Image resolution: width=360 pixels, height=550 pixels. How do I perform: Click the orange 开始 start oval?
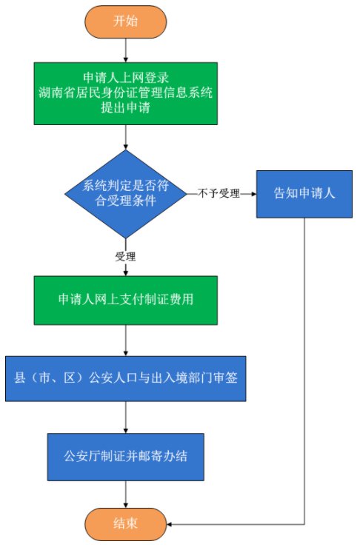coord(126,21)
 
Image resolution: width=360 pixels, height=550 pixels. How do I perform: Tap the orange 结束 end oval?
coord(126,524)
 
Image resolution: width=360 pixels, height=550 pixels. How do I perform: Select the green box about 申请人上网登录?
coord(126,94)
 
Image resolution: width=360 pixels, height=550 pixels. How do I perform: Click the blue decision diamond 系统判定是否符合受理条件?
coord(126,194)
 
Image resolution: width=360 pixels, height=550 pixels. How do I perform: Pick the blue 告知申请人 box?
coord(304,194)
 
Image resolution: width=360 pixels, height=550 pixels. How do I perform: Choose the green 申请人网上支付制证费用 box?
coord(126,301)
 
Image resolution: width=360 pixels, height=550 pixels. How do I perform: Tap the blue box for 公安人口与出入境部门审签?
coord(126,379)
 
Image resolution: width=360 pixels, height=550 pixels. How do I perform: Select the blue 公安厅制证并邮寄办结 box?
coord(126,457)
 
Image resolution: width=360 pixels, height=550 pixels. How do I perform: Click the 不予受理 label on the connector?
coord(219,193)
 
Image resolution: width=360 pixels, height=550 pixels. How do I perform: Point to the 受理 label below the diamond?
coord(125,256)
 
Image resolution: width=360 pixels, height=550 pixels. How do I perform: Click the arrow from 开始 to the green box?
coord(126,50)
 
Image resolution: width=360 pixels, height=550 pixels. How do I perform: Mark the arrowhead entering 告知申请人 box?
coord(253,194)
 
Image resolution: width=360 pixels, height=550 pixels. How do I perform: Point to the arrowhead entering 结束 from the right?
coord(170,524)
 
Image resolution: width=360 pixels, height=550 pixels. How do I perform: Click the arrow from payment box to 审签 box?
coord(126,341)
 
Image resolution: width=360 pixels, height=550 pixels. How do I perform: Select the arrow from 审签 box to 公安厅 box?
coord(126,417)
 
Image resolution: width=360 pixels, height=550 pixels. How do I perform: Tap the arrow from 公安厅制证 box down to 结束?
coord(126,494)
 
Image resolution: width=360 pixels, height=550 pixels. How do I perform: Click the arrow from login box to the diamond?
coord(126,137)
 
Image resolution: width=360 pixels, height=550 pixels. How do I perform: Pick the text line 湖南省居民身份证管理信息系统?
coord(126,93)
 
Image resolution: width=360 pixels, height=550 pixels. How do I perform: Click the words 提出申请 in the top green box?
coord(126,107)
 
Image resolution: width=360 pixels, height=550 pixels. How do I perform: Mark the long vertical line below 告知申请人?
coord(304,371)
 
